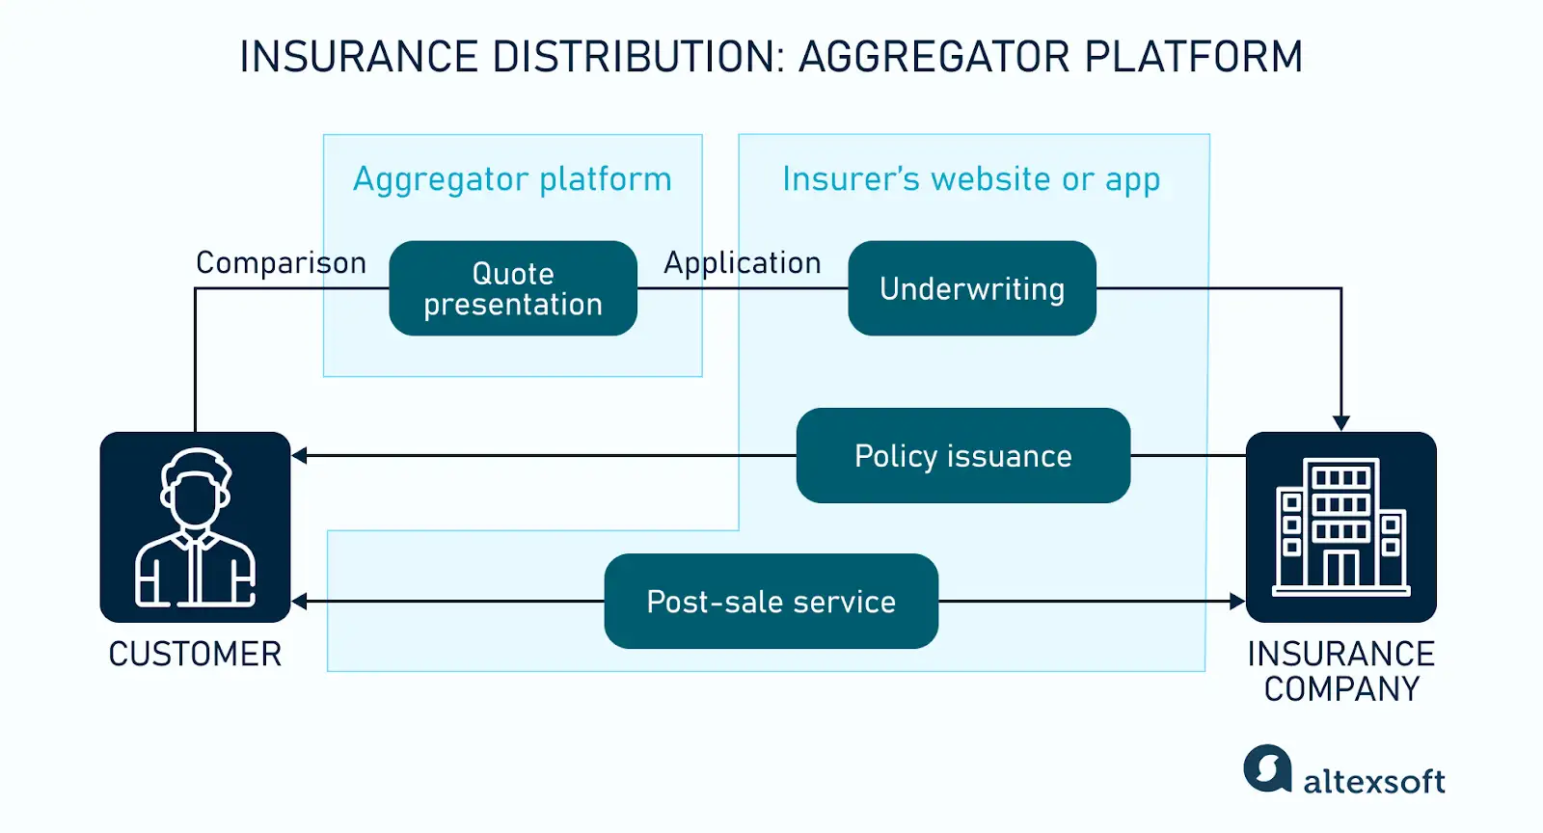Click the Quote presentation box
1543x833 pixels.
(x=512, y=288)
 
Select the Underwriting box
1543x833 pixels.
(x=971, y=288)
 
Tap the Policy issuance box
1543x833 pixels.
(x=962, y=455)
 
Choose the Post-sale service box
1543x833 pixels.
(x=771, y=601)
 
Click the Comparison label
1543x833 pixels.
(x=281, y=262)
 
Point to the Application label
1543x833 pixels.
(x=742, y=262)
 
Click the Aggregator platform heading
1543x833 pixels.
(x=512, y=179)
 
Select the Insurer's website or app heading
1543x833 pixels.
(x=971, y=179)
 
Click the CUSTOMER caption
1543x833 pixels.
(x=195, y=654)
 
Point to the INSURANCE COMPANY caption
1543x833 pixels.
(x=1340, y=671)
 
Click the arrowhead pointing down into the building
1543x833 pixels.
(x=1340, y=423)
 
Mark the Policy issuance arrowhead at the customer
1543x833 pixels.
(x=300, y=455)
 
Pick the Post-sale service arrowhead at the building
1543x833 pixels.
(x=1237, y=601)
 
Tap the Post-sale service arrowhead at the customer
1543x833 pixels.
(x=300, y=601)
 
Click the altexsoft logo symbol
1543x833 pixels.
(x=1267, y=768)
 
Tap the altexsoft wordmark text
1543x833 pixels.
(x=1373, y=781)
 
